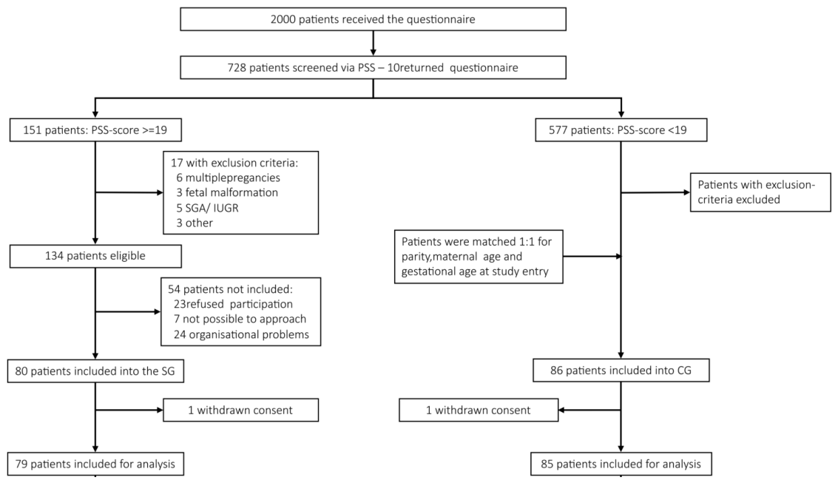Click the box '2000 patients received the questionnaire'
coord(373,19)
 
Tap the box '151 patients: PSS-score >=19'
coord(95,130)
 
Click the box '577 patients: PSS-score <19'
coord(621,130)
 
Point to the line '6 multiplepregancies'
coord(229,178)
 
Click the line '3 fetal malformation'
coord(227,192)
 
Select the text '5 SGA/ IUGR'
coord(207,208)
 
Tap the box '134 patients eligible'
coord(95,256)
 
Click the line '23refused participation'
coord(233,304)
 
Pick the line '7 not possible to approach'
coord(240,319)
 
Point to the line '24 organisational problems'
coord(241,334)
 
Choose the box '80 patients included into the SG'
coord(95,371)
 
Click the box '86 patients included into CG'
coord(621,371)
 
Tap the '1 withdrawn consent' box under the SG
coord(241,410)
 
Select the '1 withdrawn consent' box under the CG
coord(479,410)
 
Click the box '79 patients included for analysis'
coord(95,464)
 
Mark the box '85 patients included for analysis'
coord(621,464)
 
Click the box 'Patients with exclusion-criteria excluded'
coord(760,192)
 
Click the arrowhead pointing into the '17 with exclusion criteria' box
coord(160,193)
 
